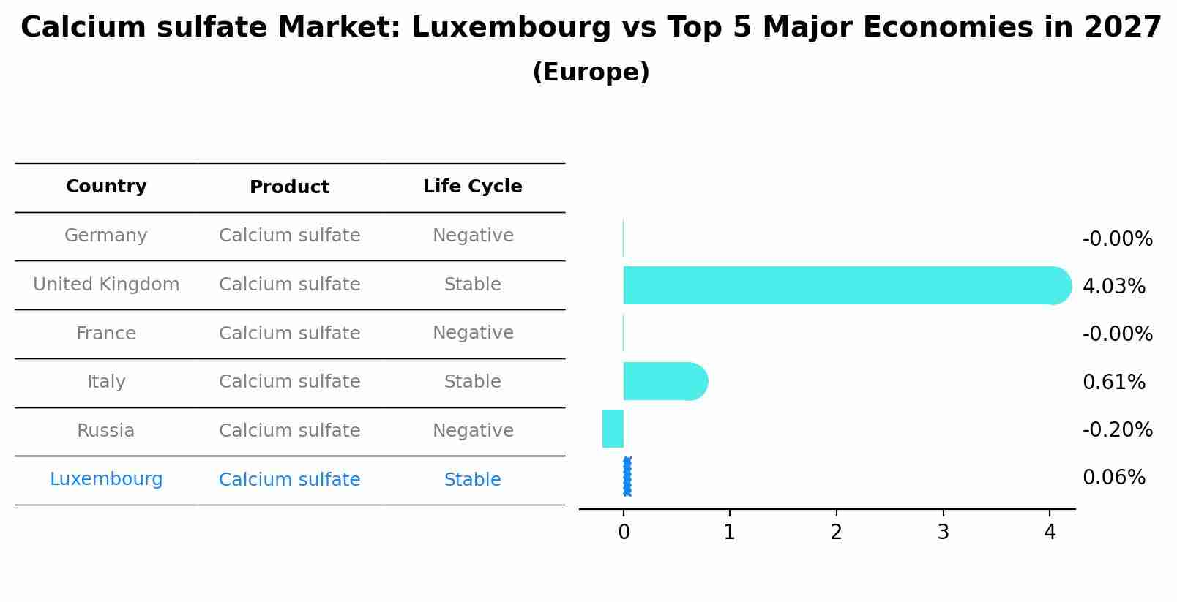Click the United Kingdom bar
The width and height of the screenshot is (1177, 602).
pyautogui.click(x=842, y=285)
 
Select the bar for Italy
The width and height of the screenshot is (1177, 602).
pyautogui.click(x=663, y=381)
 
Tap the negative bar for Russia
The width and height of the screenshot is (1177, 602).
pyautogui.click(x=613, y=429)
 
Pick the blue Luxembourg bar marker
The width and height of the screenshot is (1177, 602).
pyautogui.click(x=627, y=477)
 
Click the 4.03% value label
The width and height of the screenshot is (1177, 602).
pyautogui.click(x=1113, y=286)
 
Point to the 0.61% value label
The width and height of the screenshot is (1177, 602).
pyautogui.click(x=1113, y=382)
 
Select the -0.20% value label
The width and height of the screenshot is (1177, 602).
pyautogui.click(x=1117, y=429)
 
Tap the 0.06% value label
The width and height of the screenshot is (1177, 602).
pyautogui.click(x=1113, y=478)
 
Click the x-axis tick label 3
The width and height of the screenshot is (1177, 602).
pyautogui.click(x=943, y=533)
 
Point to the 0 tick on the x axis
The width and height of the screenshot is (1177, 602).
pyautogui.click(x=624, y=533)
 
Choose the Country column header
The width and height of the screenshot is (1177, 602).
pyautogui.click(x=106, y=187)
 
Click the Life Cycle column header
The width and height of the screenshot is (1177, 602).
pyautogui.click(x=472, y=187)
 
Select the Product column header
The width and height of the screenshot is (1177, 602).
pyautogui.click(x=289, y=187)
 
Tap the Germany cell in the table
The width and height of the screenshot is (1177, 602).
pyautogui.click(x=106, y=236)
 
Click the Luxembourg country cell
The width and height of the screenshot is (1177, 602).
pyautogui.click(x=106, y=479)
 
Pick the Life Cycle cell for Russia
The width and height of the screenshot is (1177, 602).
pyautogui.click(x=472, y=430)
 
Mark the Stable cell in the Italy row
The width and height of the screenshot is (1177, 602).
pyautogui.click(x=472, y=382)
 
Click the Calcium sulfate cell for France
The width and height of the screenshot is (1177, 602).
pyautogui.click(x=289, y=333)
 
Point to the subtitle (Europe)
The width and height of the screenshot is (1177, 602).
pyautogui.click(x=591, y=72)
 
